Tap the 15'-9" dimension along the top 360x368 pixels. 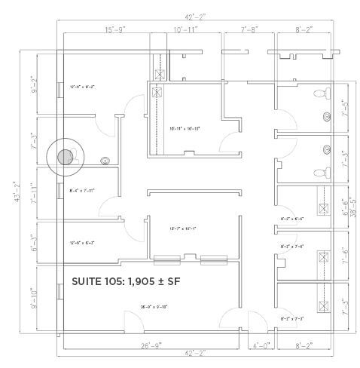pos(115,29)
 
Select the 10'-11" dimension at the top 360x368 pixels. pos(185,29)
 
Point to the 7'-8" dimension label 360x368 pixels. pos(249,29)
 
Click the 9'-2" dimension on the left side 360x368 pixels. pos(34,84)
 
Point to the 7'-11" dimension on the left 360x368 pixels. pos(34,195)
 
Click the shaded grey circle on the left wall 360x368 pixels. pos(66,157)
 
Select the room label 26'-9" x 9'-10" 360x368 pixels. pos(154,306)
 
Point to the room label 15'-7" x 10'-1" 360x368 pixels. pos(185,228)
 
